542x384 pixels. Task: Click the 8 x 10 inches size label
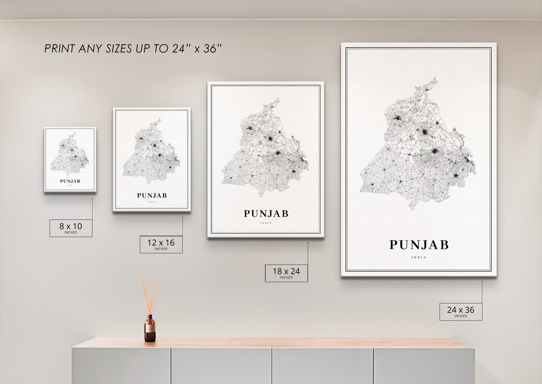[x=71, y=228]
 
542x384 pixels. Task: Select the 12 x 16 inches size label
[x=161, y=244]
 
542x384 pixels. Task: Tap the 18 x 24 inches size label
[x=286, y=273]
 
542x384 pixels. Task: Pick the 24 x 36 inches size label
[x=460, y=312]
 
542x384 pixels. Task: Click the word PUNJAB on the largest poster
[x=419, y=245]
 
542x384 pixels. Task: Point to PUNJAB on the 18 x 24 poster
[x=266, y=214]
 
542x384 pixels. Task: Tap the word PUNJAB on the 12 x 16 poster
[x=152, y=196]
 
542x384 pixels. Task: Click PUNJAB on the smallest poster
[x=70, y=181]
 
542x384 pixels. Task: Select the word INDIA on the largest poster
[x=419, y=257]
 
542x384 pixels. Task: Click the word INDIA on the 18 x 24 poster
[x=266, y=223]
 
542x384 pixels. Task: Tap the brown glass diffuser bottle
[x=149, y=329]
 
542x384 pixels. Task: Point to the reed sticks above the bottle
[x=149, y=294]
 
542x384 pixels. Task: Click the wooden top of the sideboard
[x=273, y=343]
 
